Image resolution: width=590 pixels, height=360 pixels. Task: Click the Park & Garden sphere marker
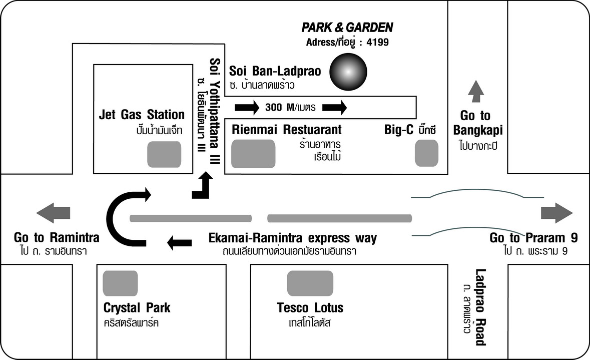(348, 72)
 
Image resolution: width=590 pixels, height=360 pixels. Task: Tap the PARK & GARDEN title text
(347, 27)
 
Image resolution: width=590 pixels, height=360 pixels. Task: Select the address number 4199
(377, 42)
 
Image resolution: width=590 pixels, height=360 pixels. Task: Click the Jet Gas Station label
(142, 115)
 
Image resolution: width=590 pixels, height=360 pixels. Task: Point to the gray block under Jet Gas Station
(164, 154)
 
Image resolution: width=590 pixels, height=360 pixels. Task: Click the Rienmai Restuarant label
(287, 130)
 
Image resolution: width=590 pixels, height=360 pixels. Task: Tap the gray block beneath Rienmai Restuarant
(253, 154)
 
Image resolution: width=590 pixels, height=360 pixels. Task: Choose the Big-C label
(398, 130)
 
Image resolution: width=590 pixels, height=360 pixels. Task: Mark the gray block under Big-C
(427, 153)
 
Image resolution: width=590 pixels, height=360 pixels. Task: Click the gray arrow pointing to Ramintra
(54, 213)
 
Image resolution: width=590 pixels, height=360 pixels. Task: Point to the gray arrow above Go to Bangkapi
(476, 91)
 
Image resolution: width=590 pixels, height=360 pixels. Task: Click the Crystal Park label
(137, 308)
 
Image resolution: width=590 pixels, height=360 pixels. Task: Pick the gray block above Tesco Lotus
(310, 283)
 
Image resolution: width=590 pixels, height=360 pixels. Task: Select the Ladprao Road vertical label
(480, 307)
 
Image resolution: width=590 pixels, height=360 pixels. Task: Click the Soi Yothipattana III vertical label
(215, 111)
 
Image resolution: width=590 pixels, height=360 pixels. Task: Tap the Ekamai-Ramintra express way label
(293, 238)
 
